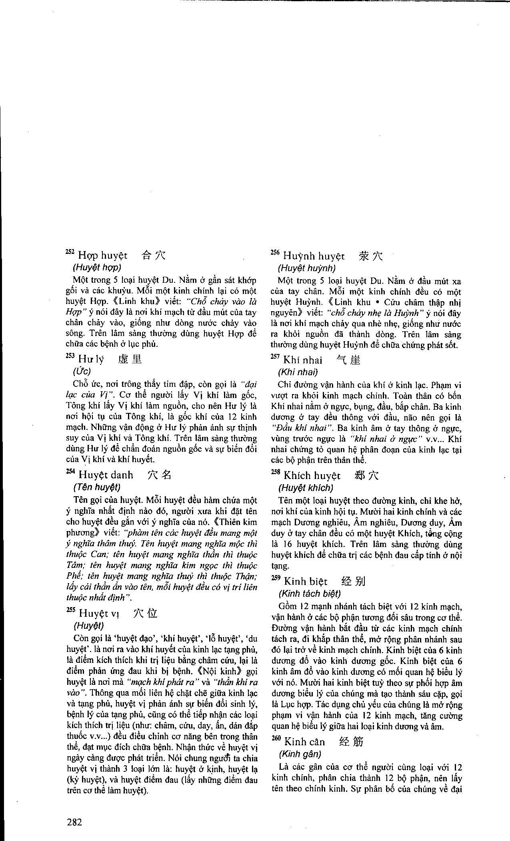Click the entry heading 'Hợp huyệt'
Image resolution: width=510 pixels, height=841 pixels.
click(102, 256)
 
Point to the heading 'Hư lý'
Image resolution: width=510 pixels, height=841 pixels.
click(91, 359)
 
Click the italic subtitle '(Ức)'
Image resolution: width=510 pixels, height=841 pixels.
click(82, 371)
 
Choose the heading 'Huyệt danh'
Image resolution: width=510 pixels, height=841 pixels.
click(106, 475)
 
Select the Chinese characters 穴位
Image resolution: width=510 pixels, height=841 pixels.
click(145, 613)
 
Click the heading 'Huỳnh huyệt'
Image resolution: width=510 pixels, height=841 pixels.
click(314, 256)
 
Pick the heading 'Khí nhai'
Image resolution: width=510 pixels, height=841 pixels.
click(302, 360)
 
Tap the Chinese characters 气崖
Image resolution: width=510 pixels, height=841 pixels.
click(348, 360)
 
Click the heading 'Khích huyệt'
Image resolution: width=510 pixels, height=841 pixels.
click(312, 476)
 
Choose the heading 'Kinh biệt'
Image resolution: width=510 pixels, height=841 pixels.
click(305, 581)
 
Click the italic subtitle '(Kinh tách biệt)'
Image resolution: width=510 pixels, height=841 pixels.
click(310, 594)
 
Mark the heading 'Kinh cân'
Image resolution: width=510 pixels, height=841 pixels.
click(304, 742)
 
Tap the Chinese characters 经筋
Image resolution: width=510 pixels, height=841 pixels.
click(351, 742)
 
